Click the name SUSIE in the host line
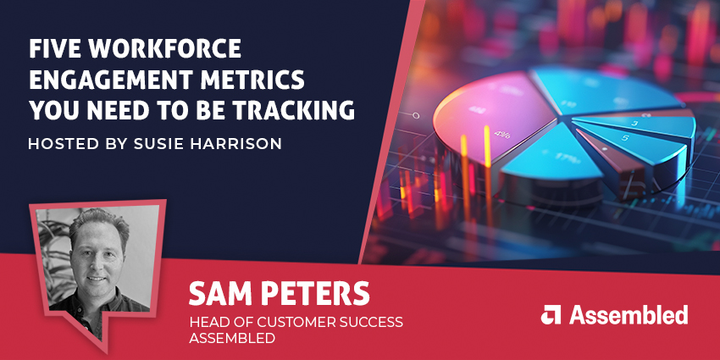coord(165,143)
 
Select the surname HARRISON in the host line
coord(240,143)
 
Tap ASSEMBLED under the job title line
coord(230,339)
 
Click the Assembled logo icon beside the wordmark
coord(551,314)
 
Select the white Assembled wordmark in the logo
coord(628,315)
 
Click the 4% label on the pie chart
coord(503,133)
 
